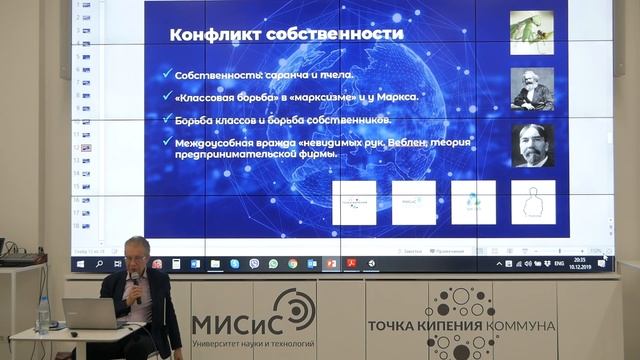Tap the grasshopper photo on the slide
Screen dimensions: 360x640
[x=531, y=31]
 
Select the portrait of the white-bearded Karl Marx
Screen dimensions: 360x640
[x=531, y=88]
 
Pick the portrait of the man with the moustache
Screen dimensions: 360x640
[x=531, y=145]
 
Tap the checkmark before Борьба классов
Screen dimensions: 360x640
[x=164, y=119]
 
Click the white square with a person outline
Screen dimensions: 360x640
[x=532, y=202]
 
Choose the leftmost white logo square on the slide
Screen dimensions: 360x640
[x=353, y=202]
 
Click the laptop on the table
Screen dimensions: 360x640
[x=89, y=314]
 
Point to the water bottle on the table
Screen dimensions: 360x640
[x=42, y=315]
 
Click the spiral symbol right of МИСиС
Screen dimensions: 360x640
[x=294, y=311]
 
